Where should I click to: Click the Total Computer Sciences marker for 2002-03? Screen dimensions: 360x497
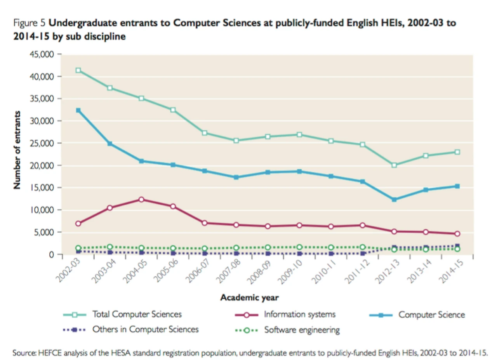(x=78, y=70)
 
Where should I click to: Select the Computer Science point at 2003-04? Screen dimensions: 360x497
(x=110, y=144)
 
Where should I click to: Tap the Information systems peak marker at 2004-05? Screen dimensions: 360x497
(x=141, y=200)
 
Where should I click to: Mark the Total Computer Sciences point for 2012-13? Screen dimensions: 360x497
(x=394, y=165)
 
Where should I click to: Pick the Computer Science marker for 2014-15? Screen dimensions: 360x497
(x=457, y=186)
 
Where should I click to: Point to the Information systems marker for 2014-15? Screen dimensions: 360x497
(x=457, y=234)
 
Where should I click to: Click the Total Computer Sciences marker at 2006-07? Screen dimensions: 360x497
(x=205, y=133)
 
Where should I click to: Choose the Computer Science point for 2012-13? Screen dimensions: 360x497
(x=394, y=200)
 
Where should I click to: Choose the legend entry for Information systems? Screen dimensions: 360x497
(x=299, y=314)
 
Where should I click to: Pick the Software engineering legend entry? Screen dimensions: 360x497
(x=302, y=330)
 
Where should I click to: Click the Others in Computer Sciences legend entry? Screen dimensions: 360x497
(x=145, y=330)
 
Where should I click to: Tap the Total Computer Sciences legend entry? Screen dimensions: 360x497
(x=137, y=314)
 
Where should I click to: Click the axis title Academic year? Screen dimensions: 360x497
(x=249, y=298)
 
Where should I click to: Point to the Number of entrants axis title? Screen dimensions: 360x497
(x=17, y=150)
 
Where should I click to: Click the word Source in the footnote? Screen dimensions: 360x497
(x=24, y=353)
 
